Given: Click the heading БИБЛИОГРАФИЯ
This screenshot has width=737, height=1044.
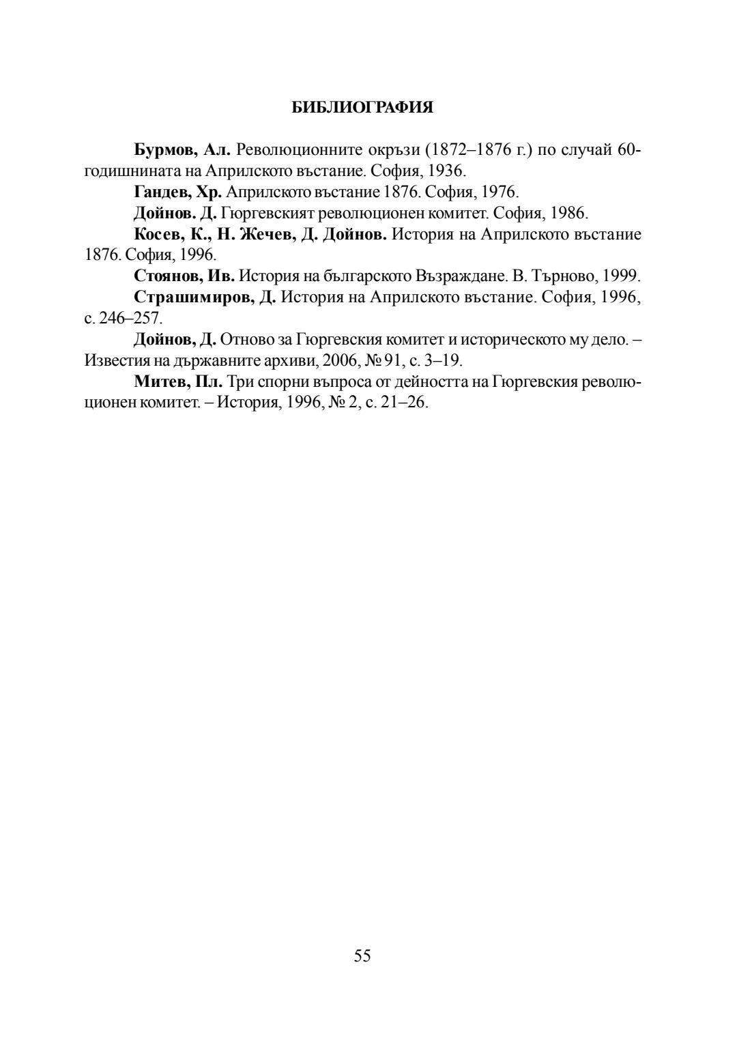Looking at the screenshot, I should point(362,108).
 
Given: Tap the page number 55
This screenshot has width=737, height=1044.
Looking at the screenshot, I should point(362,956).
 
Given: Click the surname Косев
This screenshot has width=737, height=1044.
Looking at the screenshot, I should point(158,234).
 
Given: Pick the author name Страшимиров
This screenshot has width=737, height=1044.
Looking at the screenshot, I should point(194,298).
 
